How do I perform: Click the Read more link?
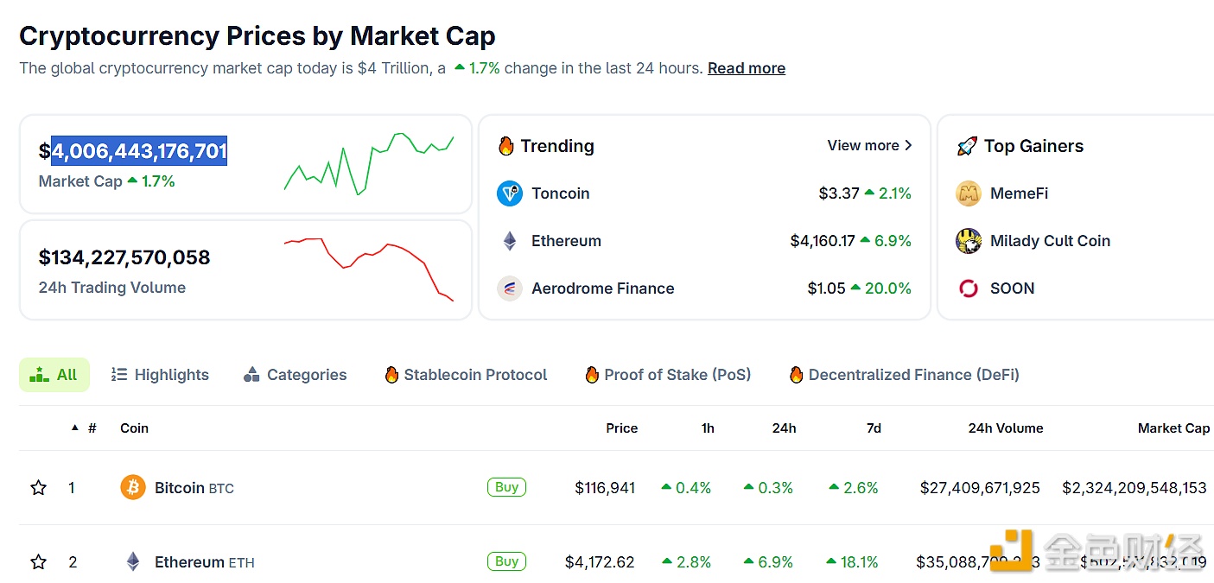pyautogui.click(x=746, y=68)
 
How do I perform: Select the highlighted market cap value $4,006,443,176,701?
pyautogui.click(x=139, y=151)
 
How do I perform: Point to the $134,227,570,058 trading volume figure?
pyautogui.click(x=124, y=257)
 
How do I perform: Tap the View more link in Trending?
pyautogui.click(x=869, y=145)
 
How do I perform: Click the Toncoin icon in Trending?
pyautogui.click(x=510, y=193)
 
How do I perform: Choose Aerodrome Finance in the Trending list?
pyautogui.click(x=602, y=288)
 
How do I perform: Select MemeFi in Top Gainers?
pyautogui.click(x=1019, y=193)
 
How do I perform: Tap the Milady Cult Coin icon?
pyautogui.click(x=969, y=241)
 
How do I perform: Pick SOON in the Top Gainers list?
pyautogui.click(x=1012, y=288)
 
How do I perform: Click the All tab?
pyautogui.click(x=54, y=375)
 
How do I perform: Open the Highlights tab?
pyautogui.click(x=161, y=375)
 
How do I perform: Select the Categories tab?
pyautogui.click(x=296, y=375)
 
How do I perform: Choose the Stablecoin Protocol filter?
pyautogui.click(x=466, y=375)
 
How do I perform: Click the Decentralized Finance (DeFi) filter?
pyautogui.click(x=904, y=375)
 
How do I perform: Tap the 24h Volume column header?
pyautogui.click(x=1005, y=428)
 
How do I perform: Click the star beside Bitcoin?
pyautogui.click(x=39, y=488)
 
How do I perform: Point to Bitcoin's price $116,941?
pyautogui.click(x=605, y=488)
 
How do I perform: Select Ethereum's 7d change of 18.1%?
pyautogui.click(x=853, y=562)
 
